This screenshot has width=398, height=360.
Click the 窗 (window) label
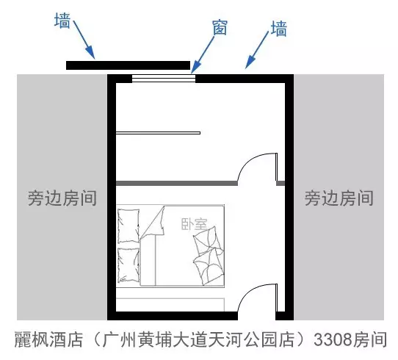coord(220,27)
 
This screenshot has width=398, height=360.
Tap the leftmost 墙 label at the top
coord(62,21)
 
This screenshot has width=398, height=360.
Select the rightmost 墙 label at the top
coord(279,29)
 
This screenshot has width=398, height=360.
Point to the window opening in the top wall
coord(164,79)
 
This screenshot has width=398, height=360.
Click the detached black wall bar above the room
coord(129,65)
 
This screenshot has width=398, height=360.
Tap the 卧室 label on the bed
coord(194,224)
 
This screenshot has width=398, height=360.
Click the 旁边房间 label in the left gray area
coord(62,198)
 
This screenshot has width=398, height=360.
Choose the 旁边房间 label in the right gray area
coord(339,198)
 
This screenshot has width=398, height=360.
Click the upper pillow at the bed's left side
coord(129,226)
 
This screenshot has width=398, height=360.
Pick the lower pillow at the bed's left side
coord(129,264)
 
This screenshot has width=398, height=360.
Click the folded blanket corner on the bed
coord(153,221)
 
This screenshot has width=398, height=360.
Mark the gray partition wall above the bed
coord(177,183)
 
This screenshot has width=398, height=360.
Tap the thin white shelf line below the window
coord(158,133)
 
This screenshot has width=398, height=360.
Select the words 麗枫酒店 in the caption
coord(48,339)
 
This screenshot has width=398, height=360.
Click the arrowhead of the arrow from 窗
coord(195,68)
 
